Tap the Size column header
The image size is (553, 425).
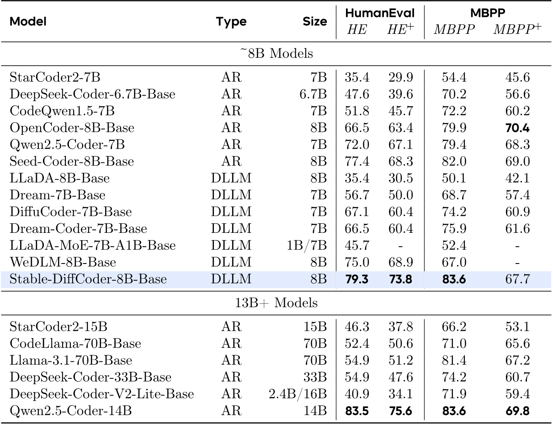tap(315, 22)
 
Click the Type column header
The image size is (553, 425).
tap(231, 22)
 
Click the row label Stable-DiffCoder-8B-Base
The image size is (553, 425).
tap(88, 279)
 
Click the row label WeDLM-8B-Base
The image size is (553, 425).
tap(63, 263)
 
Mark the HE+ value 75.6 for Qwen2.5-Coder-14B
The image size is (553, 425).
tap(401, 411)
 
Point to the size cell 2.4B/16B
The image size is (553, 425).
tap(298, 394)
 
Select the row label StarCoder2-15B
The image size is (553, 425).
tap(60, 327)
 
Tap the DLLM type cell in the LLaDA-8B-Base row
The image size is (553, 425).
tap(231, 178)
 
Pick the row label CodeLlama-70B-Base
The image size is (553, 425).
tap(75, 344)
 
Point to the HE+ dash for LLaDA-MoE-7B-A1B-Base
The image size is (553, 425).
tap(401, 246)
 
